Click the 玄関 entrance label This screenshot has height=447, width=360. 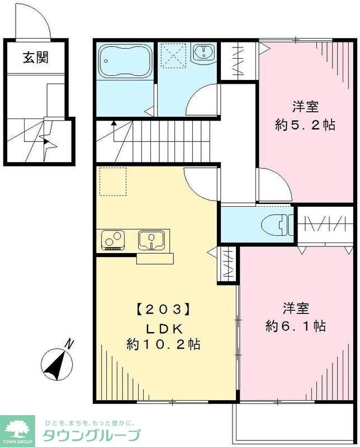[x=35, y=58]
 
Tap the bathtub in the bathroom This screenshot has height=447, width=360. [x=122, y=61]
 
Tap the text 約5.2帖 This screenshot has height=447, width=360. [x=305, y=125]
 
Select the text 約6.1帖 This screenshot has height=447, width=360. [x=296, y=326]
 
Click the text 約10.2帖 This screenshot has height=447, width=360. [x=164, y=344]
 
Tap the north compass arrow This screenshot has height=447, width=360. [x=56, y=363]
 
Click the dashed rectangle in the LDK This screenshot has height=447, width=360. [x=113, y=181]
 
